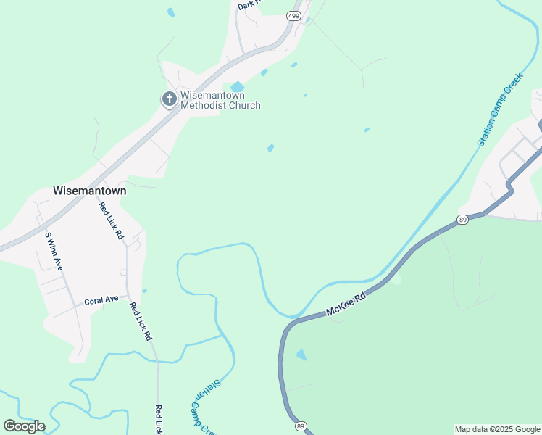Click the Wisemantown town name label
[x=89, y=191]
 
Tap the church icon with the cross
[x=170, y=99]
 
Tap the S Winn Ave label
[x=54, y=251]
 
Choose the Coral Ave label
[x=101, y=299]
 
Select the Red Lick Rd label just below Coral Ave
[x=141, y=321]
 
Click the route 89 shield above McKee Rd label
[x=463, y=219]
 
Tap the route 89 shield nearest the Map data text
[x=301, y=426]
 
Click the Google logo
[x=24, y=426]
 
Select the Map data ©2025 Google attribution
[x=497, y=429]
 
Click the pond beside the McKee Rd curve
[x=301, y=355]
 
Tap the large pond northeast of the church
[x=238, y=87]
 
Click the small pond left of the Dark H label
[x=171, y=12]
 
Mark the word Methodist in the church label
[x=202, y=105]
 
